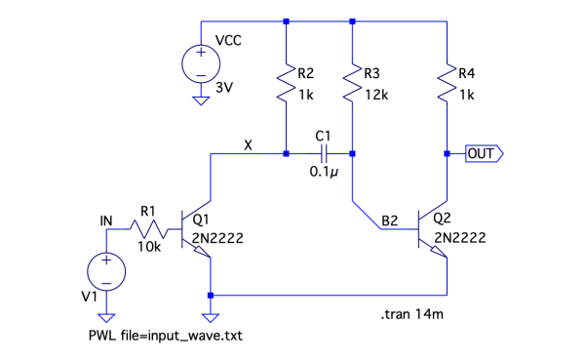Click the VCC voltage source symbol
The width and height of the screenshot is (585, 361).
[201, 63]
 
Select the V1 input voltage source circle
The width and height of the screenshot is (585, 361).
[106, 271]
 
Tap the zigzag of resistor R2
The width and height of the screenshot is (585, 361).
[286, 83]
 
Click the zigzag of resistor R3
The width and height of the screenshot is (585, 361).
[352, 83]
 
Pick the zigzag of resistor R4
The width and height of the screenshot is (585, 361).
[447, 83]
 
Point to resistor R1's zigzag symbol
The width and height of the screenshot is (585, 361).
[149, 229]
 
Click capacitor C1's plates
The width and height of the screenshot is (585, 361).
[324, 153]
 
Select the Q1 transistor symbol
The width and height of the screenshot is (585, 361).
[196, 229]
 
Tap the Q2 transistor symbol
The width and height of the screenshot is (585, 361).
[433, 229]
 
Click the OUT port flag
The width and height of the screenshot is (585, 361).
[485, 153]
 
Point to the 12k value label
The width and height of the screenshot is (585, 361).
[376, 96]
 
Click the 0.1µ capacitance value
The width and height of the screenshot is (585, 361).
[324, 172]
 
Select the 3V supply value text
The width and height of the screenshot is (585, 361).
[224, 88]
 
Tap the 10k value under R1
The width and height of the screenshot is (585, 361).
[149, 247]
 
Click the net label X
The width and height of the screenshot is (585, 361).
[248, 144]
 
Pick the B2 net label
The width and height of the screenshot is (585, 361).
[389, 221]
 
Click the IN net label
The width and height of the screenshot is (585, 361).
[106, 221]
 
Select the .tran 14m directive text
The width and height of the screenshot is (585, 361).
[412, 314]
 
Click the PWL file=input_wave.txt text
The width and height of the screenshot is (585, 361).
[166, 336]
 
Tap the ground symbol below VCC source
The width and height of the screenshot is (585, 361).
[201, 100]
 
